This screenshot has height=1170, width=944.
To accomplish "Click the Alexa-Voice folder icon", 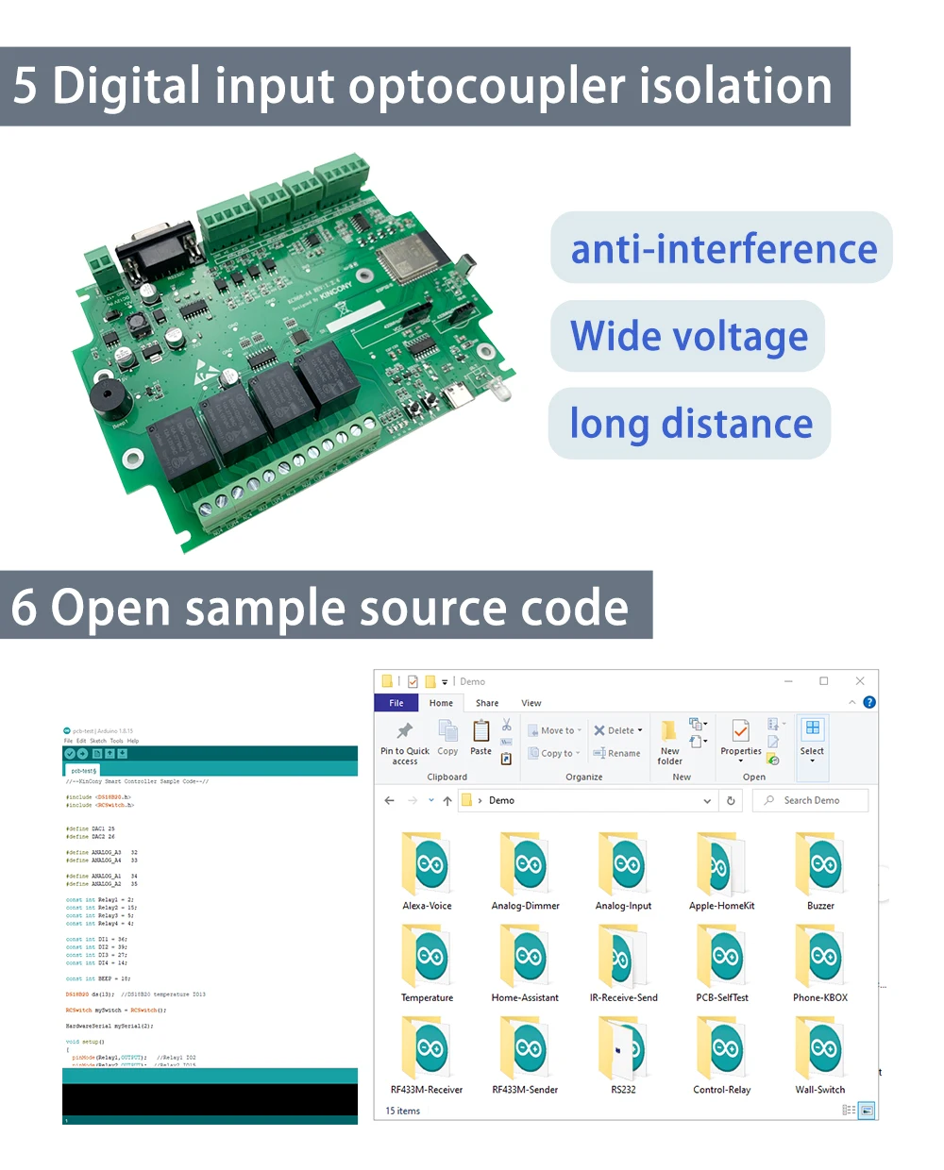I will point(427,863).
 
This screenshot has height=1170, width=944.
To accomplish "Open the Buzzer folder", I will point(820,863).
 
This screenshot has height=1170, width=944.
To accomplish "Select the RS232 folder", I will point(623,1048).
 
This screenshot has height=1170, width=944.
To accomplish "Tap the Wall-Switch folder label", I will point(819,1090).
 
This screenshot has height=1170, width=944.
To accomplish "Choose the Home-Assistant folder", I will point(525,956).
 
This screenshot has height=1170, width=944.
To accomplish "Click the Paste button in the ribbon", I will point(480,738).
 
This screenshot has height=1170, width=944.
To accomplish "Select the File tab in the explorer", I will point(396,703).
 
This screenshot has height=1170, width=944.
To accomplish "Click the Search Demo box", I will point(812,800).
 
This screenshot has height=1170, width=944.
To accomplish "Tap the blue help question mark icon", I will point(869,702).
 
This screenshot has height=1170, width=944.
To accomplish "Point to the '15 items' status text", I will point(403,1111).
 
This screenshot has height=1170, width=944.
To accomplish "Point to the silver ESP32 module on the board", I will point(407,254).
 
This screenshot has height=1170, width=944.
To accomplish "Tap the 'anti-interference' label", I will point(723,249).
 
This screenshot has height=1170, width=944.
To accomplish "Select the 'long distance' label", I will point(690,424).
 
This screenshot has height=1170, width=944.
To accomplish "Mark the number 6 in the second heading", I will point(24,608).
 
